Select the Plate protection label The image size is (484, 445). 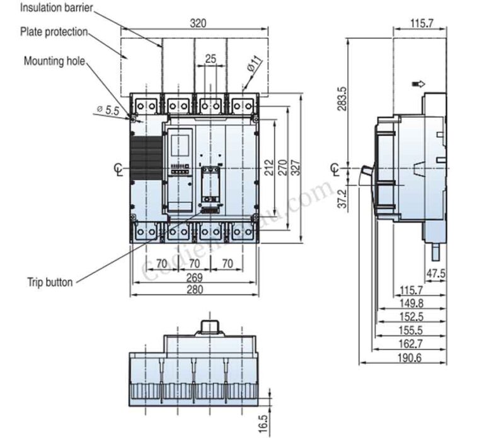tap(54, 31)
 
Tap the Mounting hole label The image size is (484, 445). tap(54, 61)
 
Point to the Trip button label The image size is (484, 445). tap(50, 282)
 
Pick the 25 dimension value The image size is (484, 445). tap(210, 59)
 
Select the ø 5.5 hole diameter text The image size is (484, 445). tap(108, 110)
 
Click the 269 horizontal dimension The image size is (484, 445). tap(194, 278)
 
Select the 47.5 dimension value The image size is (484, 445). tap(435, 273)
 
